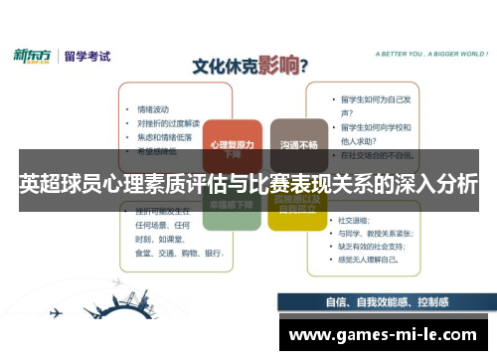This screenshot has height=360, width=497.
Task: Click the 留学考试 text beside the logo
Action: (x=87, y=56)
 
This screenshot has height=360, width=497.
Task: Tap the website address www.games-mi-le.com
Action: (x=383, y=335)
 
